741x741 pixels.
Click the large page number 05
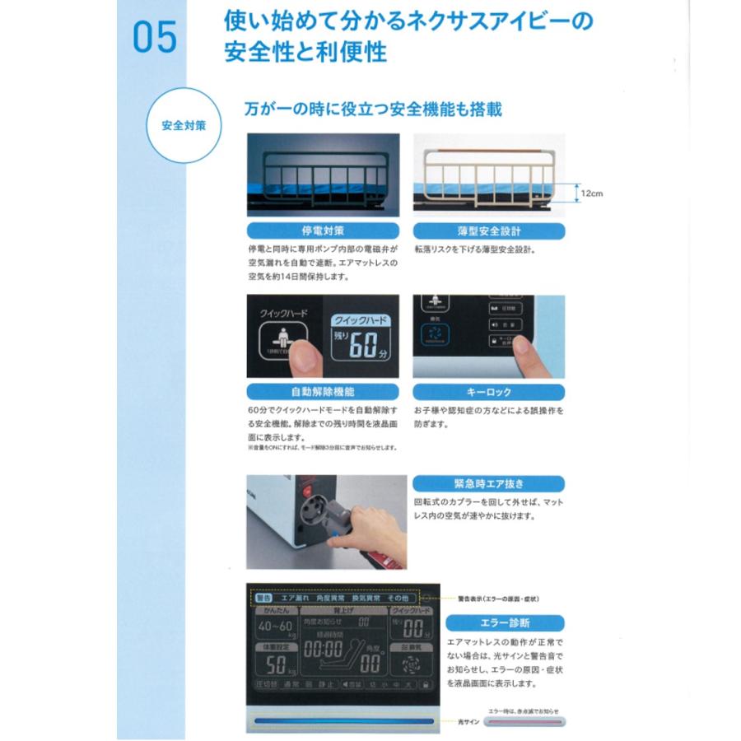click(154, 37)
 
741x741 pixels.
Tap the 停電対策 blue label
click(323, 231)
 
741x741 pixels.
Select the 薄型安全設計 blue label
click(488, 231)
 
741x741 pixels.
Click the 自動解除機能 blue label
click(323, 393)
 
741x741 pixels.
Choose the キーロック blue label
click(488, 393)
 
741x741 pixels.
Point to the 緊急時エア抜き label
click(488, 483)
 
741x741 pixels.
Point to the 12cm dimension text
click(591, 194)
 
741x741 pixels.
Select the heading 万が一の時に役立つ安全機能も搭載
click(375, 109)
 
